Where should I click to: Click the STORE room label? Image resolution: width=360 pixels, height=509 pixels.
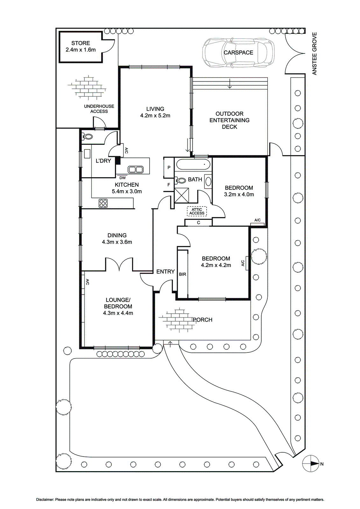tap(81, 43)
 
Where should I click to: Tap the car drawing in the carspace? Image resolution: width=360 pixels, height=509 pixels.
tap(238, 53)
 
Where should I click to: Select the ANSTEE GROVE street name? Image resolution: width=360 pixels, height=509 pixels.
tap(314, 54)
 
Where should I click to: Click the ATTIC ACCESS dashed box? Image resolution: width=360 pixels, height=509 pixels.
tap(197, 211)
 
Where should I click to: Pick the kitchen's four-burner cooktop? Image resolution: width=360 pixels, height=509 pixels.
tap(103, 203)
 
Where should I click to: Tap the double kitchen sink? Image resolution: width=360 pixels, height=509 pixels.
tap(136, 170)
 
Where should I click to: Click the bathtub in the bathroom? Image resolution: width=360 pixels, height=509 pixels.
tap(193, 164)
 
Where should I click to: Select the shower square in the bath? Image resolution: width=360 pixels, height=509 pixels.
tap(181, 195)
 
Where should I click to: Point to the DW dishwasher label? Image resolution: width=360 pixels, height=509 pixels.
tap(122, 178)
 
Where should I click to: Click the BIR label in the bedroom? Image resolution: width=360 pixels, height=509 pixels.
tap(182, 274)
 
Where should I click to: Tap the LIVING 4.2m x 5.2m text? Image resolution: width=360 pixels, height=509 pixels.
tap(155, 112)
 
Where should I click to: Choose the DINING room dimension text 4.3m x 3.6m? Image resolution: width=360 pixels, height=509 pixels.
tap(117, 242)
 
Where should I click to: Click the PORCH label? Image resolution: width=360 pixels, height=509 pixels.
tap(202, 320)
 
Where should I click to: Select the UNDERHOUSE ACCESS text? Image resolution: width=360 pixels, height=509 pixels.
tap(99, 109)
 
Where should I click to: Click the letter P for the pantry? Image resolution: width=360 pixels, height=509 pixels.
tap(169, 167)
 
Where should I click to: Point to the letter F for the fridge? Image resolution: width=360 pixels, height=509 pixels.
tap(169, 185)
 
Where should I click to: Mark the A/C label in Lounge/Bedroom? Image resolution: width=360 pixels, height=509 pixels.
tap(88, 282)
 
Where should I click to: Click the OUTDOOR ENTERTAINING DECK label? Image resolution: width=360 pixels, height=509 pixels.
tap(229, 120)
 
